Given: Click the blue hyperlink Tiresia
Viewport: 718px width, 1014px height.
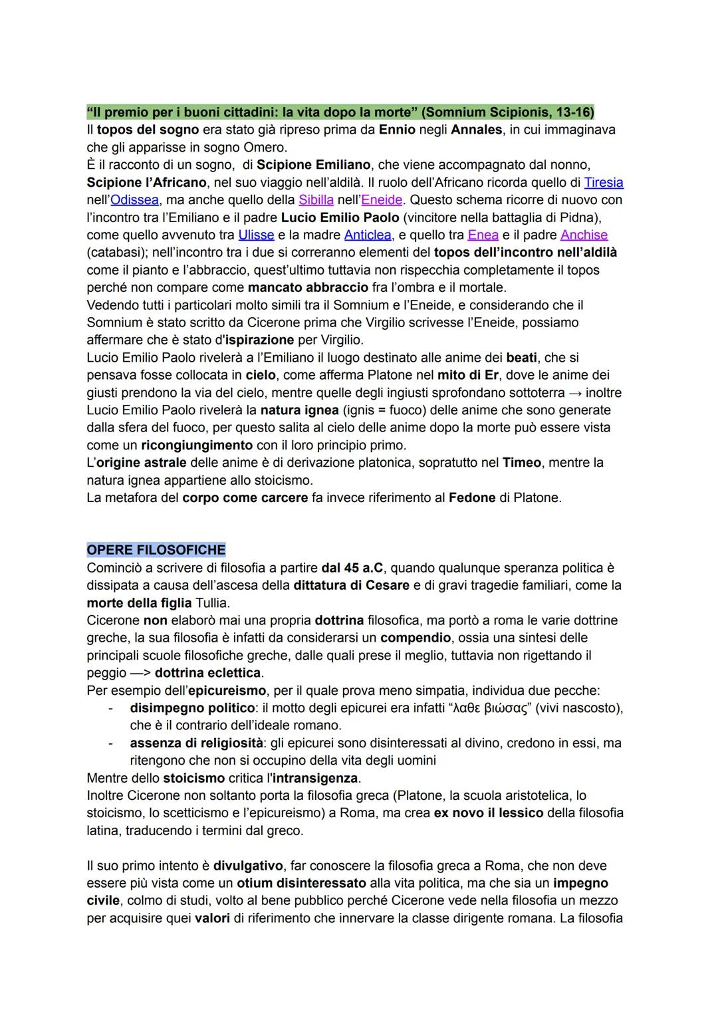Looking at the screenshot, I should point(604,182).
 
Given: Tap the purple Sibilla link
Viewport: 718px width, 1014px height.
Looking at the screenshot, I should point(316,199).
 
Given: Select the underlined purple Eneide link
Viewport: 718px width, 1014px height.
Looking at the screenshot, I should point(381,199).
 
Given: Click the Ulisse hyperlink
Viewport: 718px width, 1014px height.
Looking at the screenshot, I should point(256,235).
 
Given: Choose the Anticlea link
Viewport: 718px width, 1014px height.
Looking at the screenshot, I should point(367,235).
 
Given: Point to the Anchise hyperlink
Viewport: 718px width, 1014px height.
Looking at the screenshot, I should point(584,235).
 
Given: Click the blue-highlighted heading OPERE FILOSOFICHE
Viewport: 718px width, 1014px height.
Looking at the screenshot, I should point(156,551).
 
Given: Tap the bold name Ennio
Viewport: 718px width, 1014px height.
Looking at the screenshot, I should point(398,129).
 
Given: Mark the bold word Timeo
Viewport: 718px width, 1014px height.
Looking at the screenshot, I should point(521,463).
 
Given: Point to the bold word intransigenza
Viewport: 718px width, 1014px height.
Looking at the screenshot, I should point(312,778).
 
